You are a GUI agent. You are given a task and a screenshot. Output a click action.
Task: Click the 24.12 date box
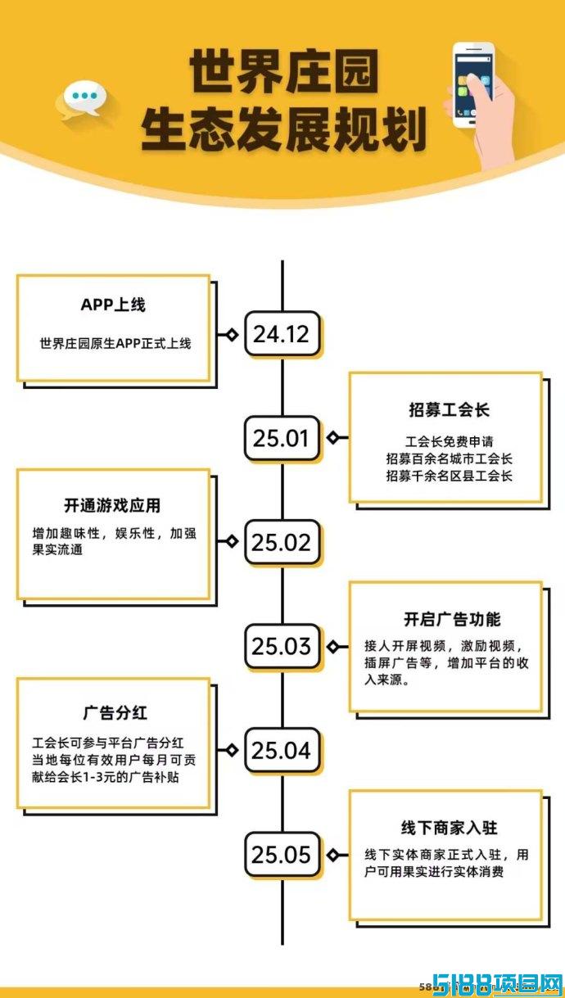pyautogui.click(x=282, y=334)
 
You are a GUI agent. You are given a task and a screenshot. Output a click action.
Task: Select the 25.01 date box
pyautogui.click(x=282, y=438)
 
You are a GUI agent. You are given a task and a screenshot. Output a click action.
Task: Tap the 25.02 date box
pyautogui.click(x=282, y=542)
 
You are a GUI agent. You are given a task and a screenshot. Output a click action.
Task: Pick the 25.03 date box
pyautogui.click(x=282, y=647)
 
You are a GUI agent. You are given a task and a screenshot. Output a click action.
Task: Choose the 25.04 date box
pyautogui.click(x=282, y=751)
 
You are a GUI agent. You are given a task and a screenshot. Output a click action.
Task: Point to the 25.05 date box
pyautogui.click(x=282, y=855)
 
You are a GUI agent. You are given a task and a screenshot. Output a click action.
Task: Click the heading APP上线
pyautogui.click(x=113, y=305)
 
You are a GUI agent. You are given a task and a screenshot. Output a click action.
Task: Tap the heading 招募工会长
pyautogui.click(x=450, y=410)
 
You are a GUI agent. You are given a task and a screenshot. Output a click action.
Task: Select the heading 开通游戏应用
pyautogui.click(x=112, y=506)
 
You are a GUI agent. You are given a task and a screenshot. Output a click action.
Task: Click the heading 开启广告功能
pyautogui.click(x=452, y=619)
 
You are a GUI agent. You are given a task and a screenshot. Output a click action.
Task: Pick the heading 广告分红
pyautogui.click(x=115, y=713)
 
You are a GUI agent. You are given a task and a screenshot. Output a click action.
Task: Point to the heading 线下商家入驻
pyautogui.click(x=450, y=828)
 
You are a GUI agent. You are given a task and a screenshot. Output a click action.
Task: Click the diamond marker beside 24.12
pyautogui.click(x=231, y=334)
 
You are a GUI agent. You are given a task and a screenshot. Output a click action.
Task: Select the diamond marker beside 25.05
pyautogui.click(x=332, y=855)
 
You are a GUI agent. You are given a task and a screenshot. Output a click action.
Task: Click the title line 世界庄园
pyautogui.click(x=284, y=71)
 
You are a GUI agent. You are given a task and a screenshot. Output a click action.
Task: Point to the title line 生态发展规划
pyautogui.click(x=283, y=130)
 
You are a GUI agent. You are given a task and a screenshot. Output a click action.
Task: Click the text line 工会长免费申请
pyautogui.click(x=450, y=441)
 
